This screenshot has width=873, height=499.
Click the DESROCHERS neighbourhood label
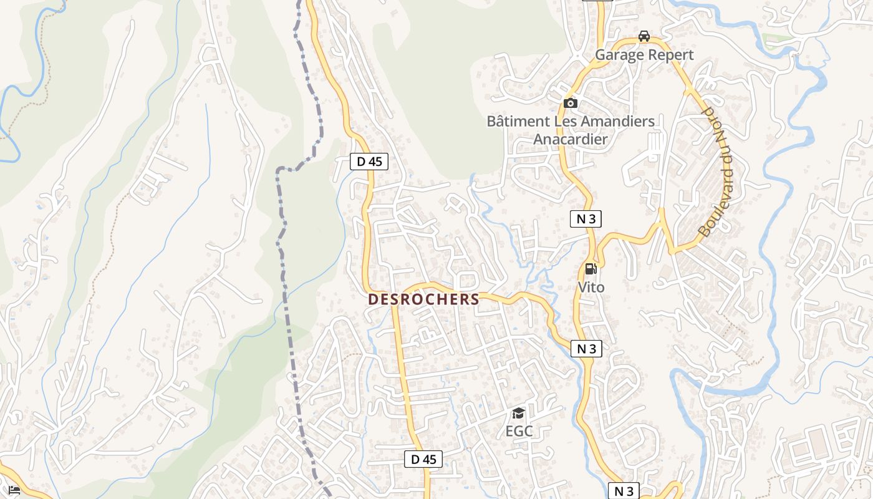pyautogui.click(x=423, y=299)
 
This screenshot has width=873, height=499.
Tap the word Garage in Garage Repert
pyautogui.click(x=618, y=55)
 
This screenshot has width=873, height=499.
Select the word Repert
pyautogui.click(x=669, y=55)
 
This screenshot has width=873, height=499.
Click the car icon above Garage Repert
pyautogui.click(x=644, y=36)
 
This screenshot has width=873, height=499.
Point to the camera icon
pyautogui.click(x=570, y=103)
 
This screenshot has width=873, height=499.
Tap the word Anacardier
pyautogui.click(x=570, y=138)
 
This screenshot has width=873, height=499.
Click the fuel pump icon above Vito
pyautogui.click(x=591, y=269)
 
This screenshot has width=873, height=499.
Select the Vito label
pyautogui.click(x=591, y=288)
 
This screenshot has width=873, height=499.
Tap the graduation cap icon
pyautogui.click(x=518, y=413)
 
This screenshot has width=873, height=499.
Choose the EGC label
pyautogui.click(x=519, y=431)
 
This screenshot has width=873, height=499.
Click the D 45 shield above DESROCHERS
pyautogui.click(x=369, y=162)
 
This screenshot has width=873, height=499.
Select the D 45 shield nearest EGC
pyautogui.click(x=423, y=459)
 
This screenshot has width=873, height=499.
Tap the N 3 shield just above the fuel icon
pyautogui.click(x=586, y=219)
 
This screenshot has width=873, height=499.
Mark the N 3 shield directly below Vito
pyautogui.click(x=586, y=349)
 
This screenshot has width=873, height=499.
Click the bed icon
pyautogui.click(x=14, y=490)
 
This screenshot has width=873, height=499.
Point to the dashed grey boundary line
pyautogui.click(x=284, y=281)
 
